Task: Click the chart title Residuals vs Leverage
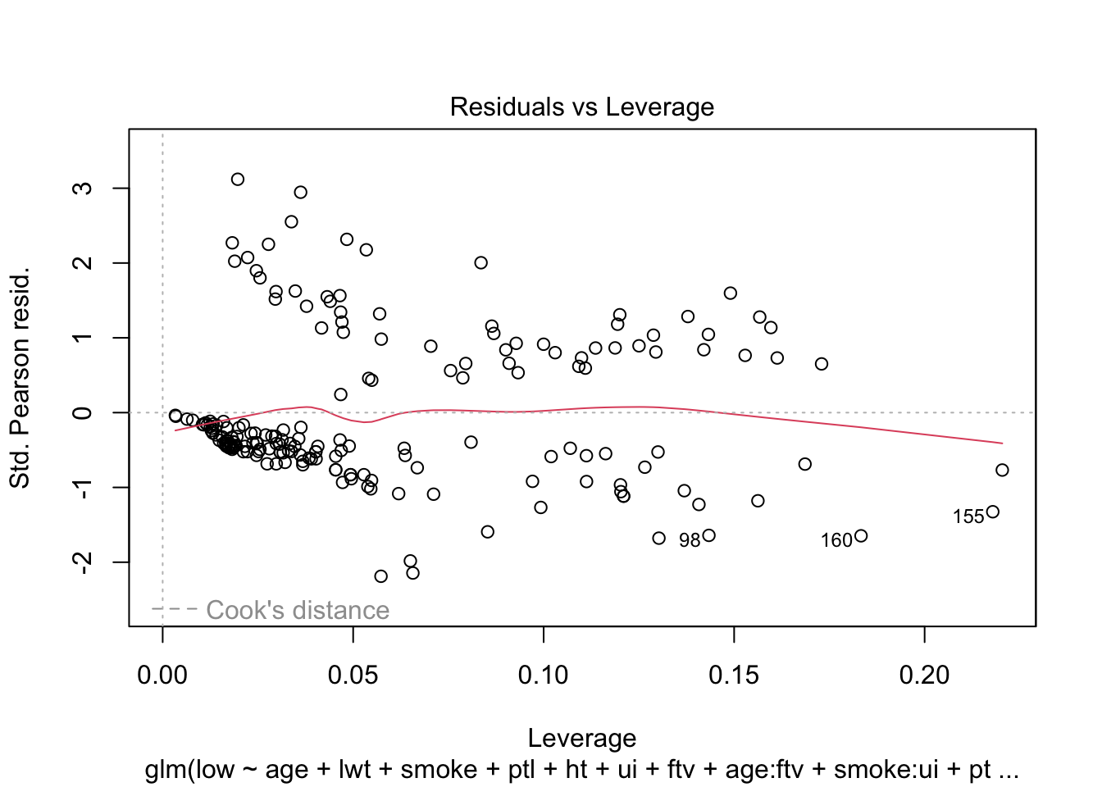tap(581, 107)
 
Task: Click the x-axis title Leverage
tap(581, 738)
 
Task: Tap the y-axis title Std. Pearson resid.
tap(20, 377)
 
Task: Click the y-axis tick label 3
tap(83, 188)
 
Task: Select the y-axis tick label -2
tap(83, 562)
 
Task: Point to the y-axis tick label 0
tap(83, 412)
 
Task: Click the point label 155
tap(968, 516)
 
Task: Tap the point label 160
tap(836, 540)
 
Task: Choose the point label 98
tap(690, 540)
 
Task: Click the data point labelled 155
tap(993, 512)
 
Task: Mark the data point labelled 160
tap(861, 536)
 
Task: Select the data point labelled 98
tap(709, 535)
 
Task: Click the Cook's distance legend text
tap(298, 610)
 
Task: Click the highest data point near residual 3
tap(238, 179)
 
